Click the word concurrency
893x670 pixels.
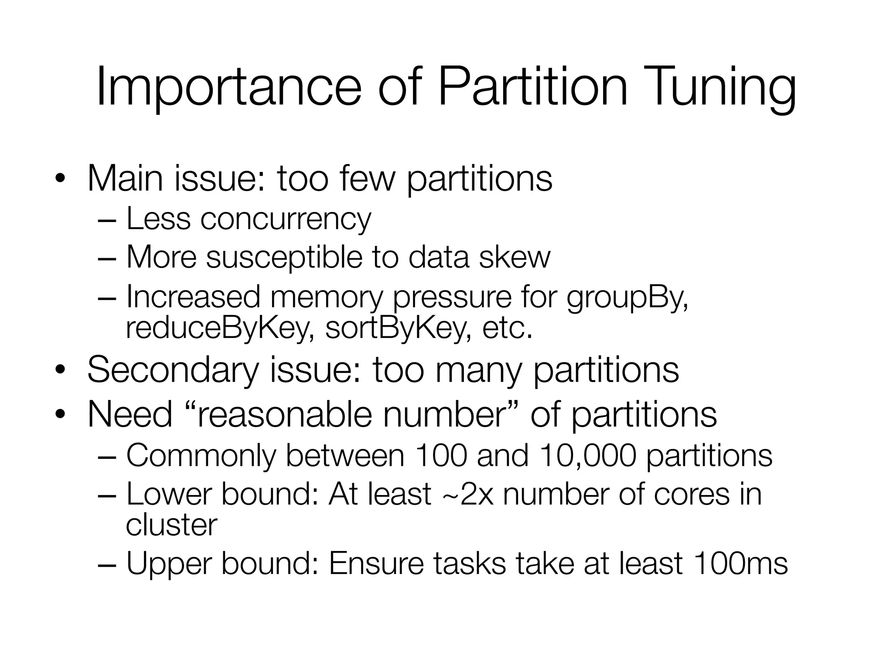pyautogui.click(x=286, y=219)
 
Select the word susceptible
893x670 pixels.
pyautogui.click(x=283, y=257)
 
